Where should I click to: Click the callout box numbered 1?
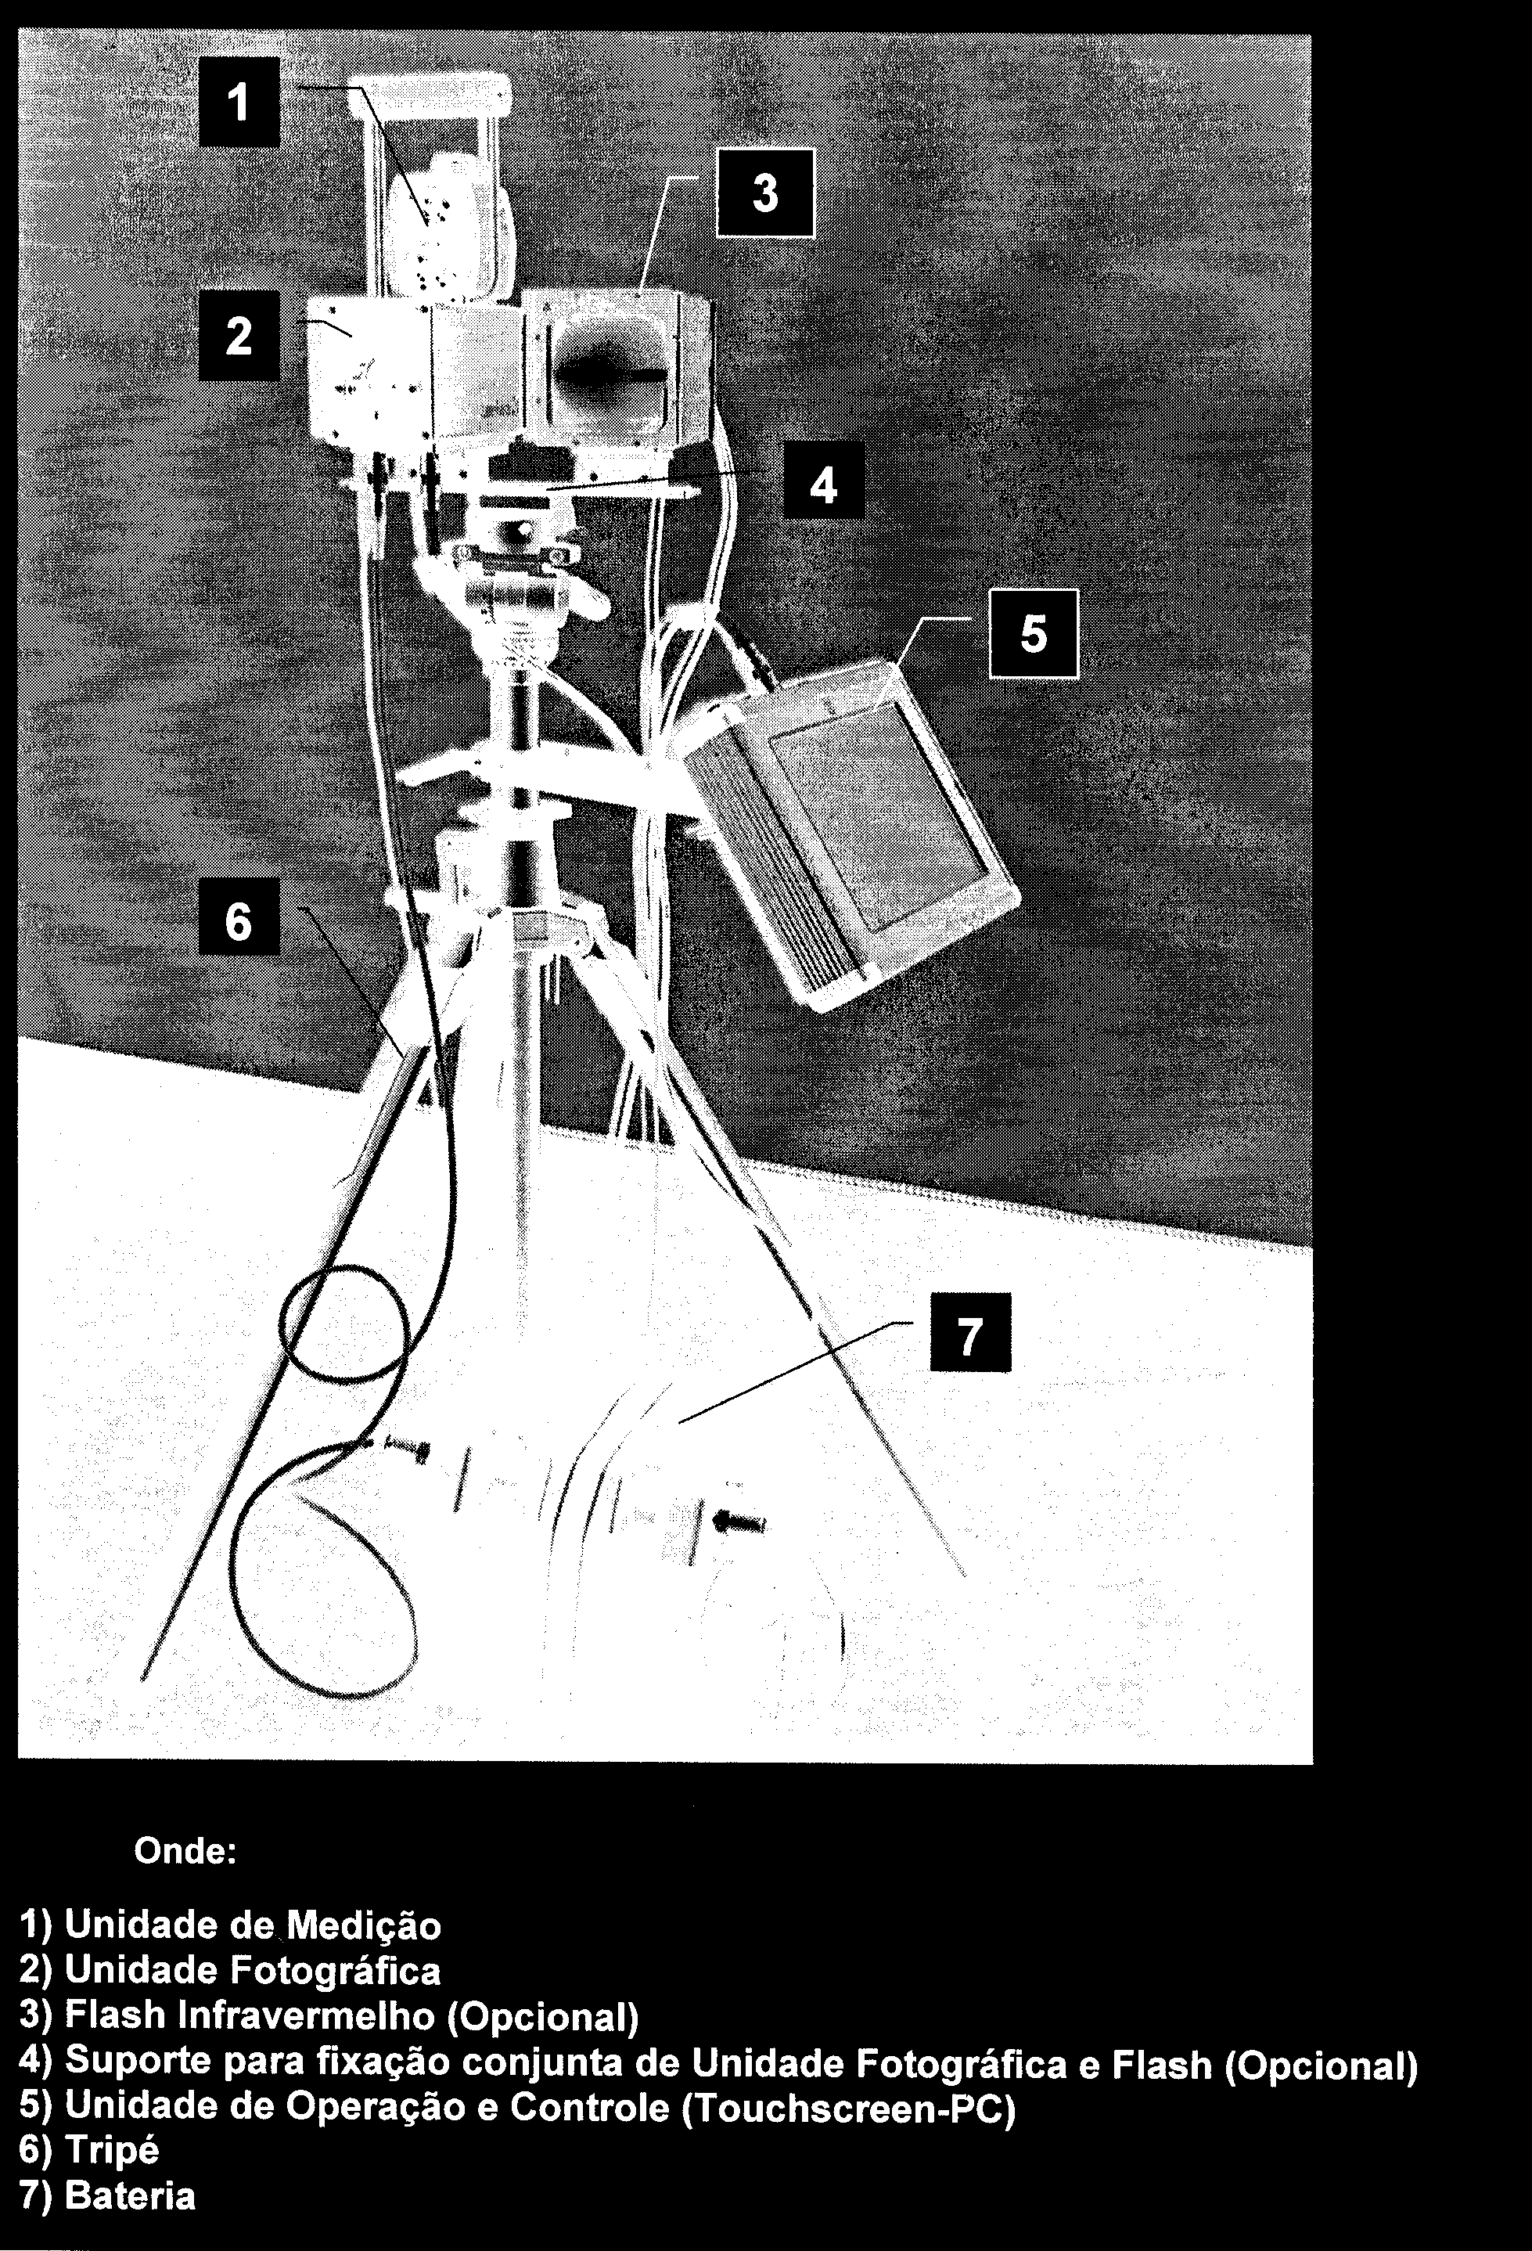pos(239,102)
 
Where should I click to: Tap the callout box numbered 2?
pos(239,335)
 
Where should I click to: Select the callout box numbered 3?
pos(765,193)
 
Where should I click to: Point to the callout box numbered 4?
pos(823,481)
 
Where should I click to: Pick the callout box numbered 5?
pos(1034,633)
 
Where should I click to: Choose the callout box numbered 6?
pos(239,917)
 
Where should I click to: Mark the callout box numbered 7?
pos(970,1333)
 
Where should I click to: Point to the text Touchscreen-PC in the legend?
pos(849,2109)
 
